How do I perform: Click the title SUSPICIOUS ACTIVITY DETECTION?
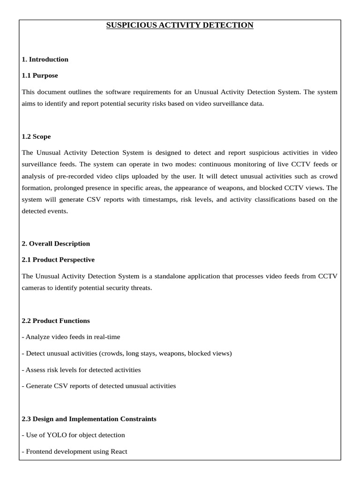(180, 25)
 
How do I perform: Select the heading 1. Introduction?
(45, 60)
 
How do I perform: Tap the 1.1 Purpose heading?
(40, 75)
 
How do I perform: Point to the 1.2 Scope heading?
(37, 137)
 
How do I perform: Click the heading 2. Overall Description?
(56, 244)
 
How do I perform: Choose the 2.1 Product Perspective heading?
(58, 260)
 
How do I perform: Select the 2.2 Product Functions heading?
(56, 321)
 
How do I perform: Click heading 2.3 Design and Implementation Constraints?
(89, 419)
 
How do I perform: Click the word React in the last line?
(119, 452)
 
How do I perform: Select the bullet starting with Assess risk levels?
(82, 370)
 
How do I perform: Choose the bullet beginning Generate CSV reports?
(99, 386)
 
